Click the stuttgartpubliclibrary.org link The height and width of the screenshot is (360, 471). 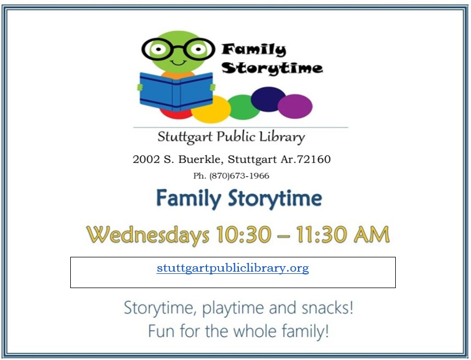[233, 268]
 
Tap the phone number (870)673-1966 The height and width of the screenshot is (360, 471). [239, 176]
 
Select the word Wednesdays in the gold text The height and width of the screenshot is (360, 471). [148, 235]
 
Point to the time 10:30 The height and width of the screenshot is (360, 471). [244, 234]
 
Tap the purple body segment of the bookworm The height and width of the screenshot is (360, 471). [295, 106]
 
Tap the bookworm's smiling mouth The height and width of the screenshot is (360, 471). [178, 63]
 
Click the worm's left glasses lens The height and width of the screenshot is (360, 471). [158, 49]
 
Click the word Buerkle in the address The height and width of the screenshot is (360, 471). [201, 159]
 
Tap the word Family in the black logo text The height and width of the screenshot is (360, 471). [254, 50]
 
